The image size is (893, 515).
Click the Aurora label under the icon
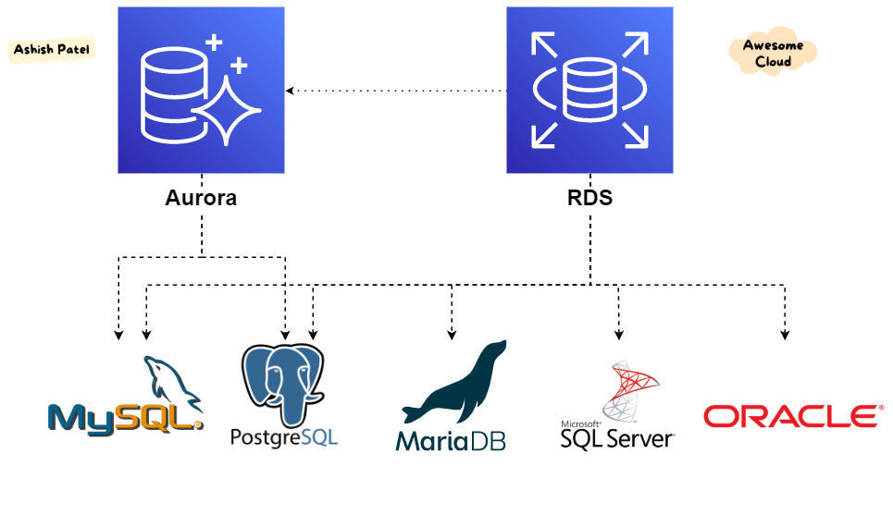point(201,198)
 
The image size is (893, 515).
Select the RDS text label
point(589,198)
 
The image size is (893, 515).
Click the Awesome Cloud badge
point(773,54)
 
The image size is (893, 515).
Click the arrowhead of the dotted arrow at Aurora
point(291,91)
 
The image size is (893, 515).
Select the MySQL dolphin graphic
point(171,378)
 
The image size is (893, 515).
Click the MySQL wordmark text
point(126,418)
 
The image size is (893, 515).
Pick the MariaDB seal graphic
point(453,381)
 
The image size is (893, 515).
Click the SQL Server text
point(617,436)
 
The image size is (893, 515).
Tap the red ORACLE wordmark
point(791,416)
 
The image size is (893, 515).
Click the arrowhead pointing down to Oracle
point(786,334)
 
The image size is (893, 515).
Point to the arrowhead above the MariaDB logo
point(452,334)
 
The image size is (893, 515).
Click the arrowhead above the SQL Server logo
point(618,334)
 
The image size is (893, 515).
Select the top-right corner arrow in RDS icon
point(635,44)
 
